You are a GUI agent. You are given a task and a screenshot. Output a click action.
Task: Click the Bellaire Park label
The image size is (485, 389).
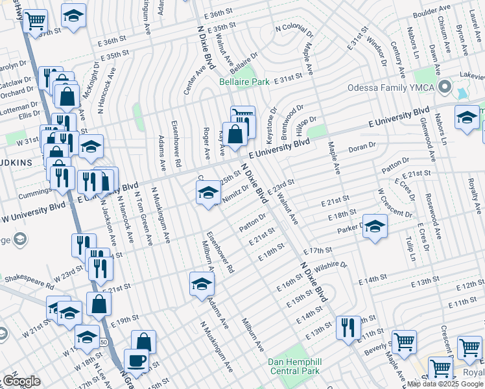(244, 82)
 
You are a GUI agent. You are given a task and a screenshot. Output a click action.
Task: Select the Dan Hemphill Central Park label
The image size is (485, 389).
(295, 366)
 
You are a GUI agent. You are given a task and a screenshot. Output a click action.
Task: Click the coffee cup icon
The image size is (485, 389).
(136, 360)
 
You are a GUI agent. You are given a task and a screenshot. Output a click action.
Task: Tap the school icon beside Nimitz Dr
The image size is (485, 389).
(207, 193)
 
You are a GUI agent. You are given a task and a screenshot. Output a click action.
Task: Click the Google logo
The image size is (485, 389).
(21, 381)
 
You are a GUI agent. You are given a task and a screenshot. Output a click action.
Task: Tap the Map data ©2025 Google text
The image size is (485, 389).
(445, 384)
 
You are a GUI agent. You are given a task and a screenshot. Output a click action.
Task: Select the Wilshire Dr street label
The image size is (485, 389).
(332, 265)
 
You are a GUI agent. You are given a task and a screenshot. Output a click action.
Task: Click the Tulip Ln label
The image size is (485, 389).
(408, 249)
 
